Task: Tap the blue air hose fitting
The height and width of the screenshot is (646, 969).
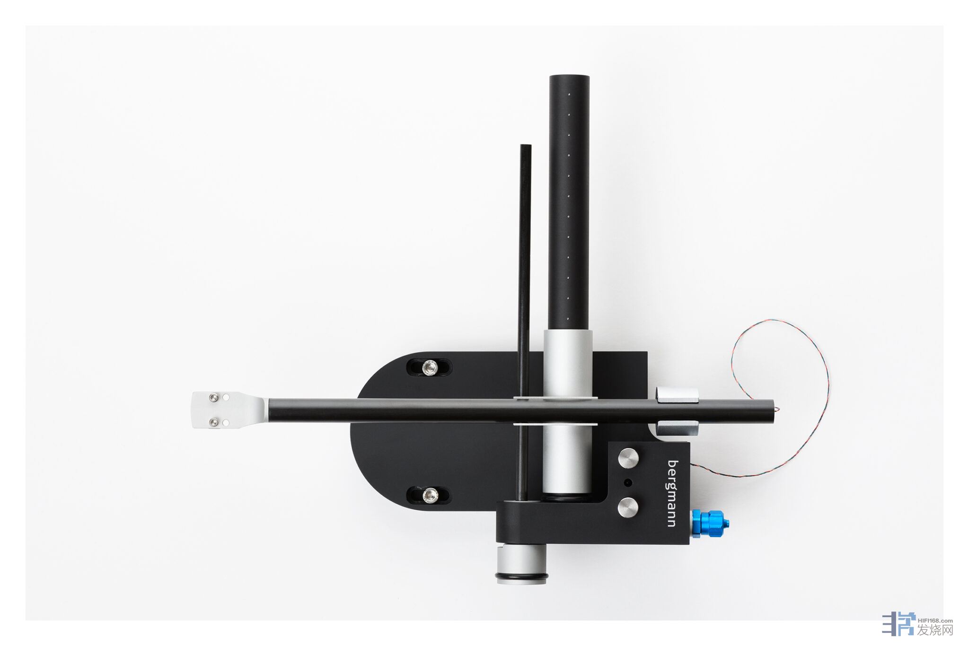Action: pyautogui.click(x=710, y=523)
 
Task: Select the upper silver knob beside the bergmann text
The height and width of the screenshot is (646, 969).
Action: pyautogui.click(x=628, y=458)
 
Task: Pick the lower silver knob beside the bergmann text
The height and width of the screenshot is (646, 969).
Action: pyautogui.click(x=628, y=507)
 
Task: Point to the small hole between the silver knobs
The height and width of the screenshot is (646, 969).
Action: pyautogui.click(x=628, y=483)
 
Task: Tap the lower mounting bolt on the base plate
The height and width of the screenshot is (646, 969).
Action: pyautogui.click(x=430, y=495)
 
